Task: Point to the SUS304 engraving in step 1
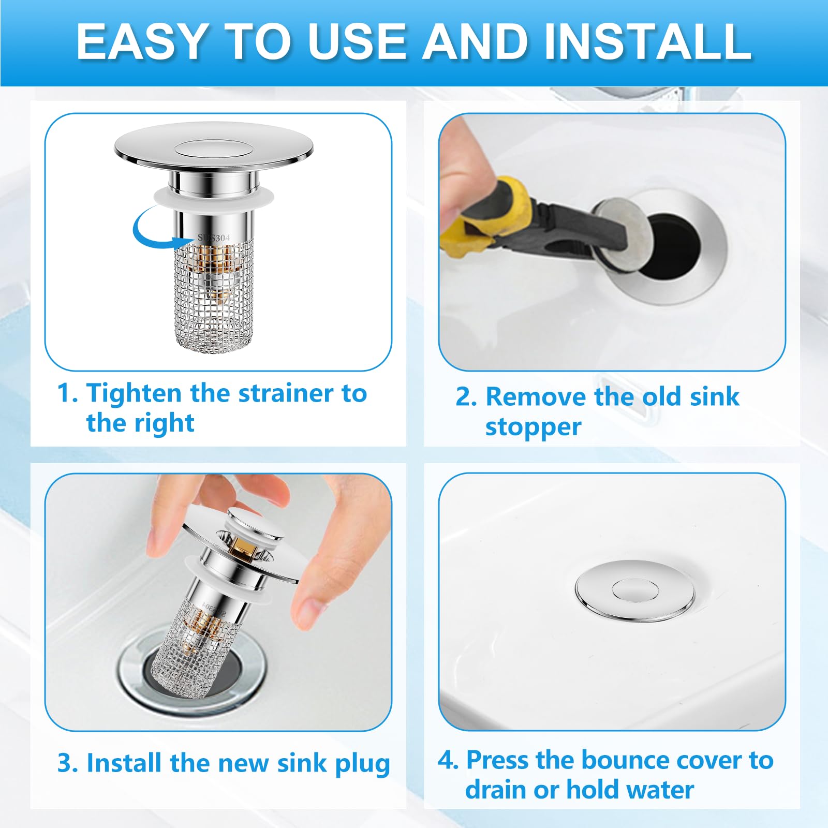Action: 213,238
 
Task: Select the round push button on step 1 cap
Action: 213,148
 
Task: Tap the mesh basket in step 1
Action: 213,300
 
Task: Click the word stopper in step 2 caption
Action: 533,427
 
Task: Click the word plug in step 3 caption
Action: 362,764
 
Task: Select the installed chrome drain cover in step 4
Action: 634,590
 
